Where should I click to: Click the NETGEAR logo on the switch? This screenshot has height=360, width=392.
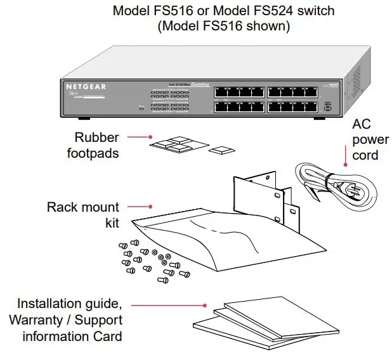[86, 86]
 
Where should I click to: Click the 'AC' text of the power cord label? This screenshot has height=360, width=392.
[360, 124]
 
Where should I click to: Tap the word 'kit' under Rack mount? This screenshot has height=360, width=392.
[111, 222]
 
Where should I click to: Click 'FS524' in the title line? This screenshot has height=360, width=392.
[253, 11]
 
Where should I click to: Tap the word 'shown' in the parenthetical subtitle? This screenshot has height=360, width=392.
[264, 27]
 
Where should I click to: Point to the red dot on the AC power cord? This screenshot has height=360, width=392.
[345, 165]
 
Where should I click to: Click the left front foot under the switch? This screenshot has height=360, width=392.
[83, 119]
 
